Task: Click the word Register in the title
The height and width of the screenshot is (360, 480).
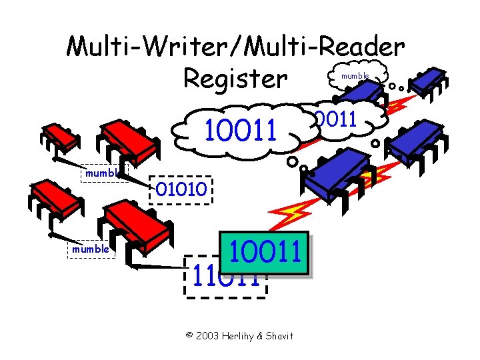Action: pos(235,79)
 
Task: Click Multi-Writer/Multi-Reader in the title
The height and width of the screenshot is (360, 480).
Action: pos(235,47)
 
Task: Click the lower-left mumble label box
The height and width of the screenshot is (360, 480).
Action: pos(91,249)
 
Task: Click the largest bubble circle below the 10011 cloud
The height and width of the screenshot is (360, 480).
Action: pos(293,162)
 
